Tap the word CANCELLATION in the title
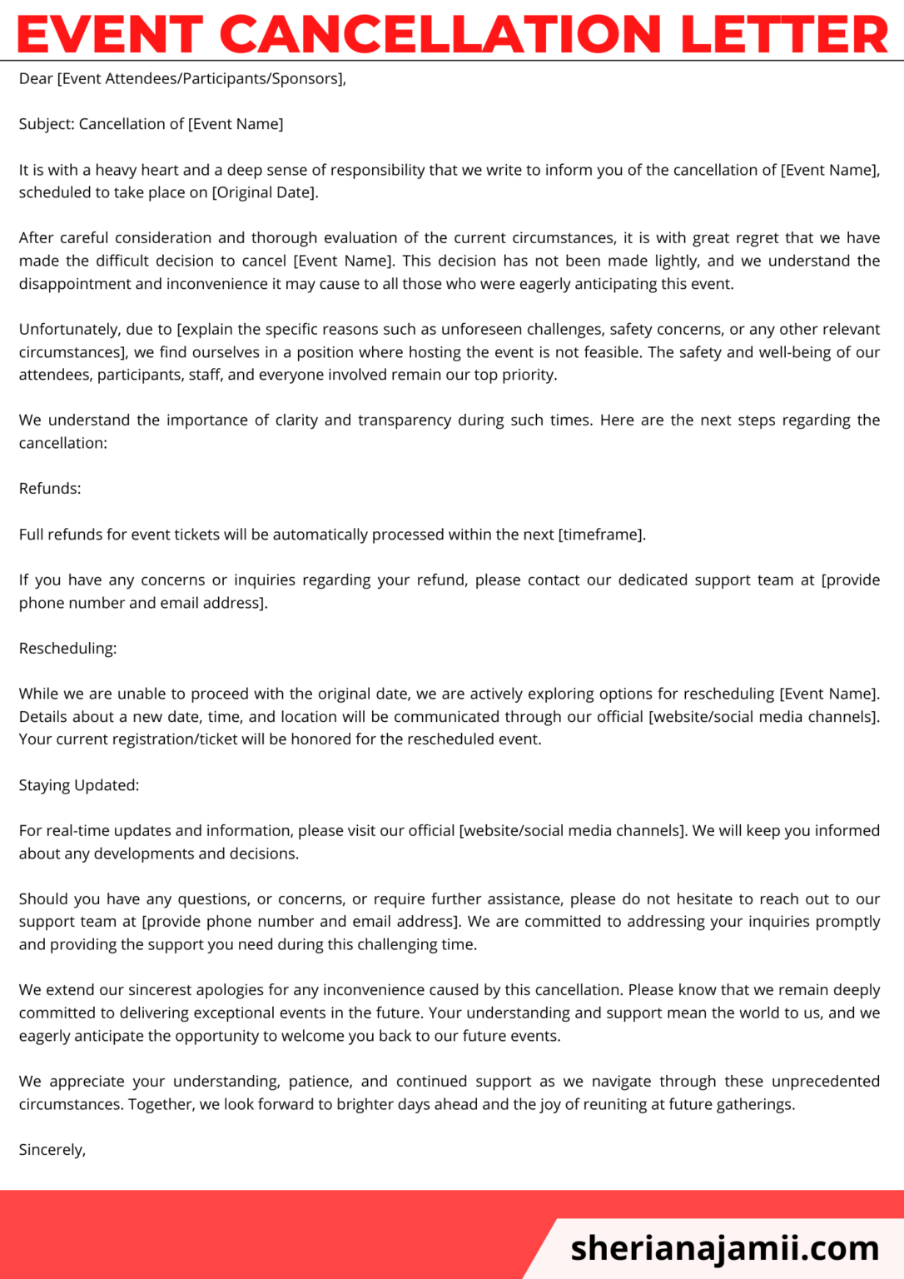click(440, 35)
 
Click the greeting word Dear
click(36, 79)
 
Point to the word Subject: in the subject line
click(47, 124)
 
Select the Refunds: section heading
click(50, 489)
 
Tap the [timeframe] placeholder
click(601, 535)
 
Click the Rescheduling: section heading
click(67, 648)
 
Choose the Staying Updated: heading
click(79, 785)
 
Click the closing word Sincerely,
click(52, 1150)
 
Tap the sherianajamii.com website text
click(724, 1247)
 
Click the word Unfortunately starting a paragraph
click(69, 330)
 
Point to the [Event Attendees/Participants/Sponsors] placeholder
click(199, 79)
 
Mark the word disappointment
click(75, 284)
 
